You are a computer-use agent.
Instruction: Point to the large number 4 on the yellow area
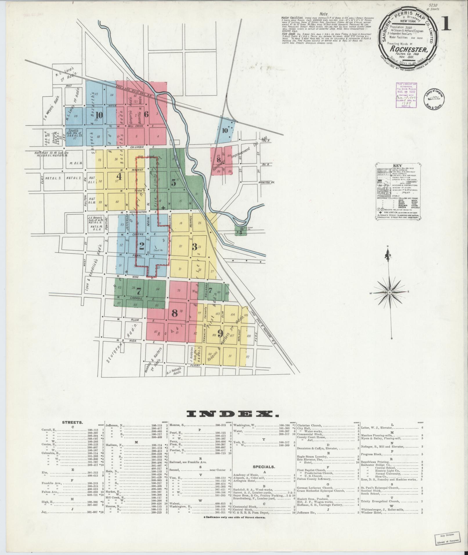tap(119, 176)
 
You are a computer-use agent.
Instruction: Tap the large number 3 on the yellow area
tap(194, 247)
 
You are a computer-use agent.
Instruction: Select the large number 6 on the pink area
tap(147, 114)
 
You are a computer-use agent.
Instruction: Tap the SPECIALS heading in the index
tap(264, 467)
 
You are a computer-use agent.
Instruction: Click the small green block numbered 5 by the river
tap(241, 232)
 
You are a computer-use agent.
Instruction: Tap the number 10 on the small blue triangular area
tap(224, 130)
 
